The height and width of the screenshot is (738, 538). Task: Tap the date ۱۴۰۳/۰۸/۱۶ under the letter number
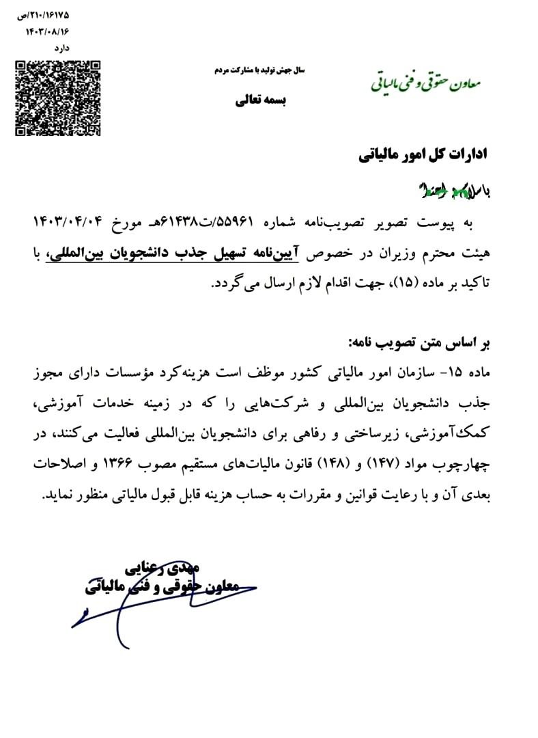click(x=48, y=31)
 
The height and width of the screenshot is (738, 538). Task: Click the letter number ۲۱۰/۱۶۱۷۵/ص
click(x=44, y=14)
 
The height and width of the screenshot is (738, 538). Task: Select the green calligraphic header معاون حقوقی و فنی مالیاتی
click(x=426, y=81)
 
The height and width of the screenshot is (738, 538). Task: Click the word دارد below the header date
click(x=62, y=48)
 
